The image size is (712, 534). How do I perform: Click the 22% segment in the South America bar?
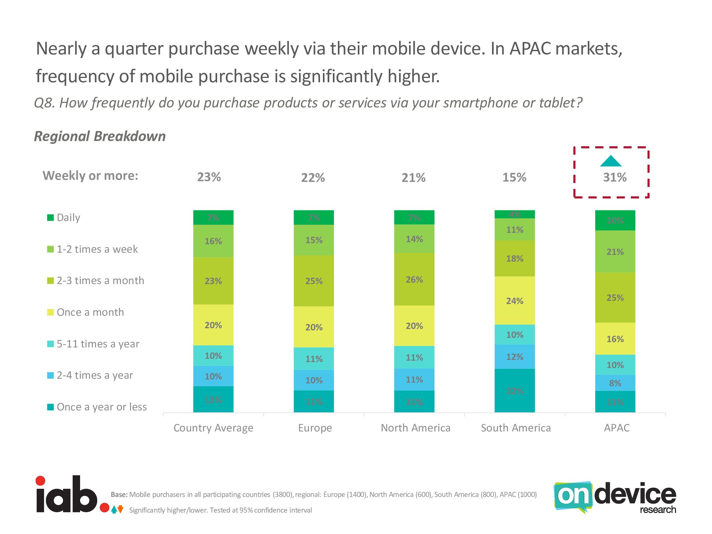514,391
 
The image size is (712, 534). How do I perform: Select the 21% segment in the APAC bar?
615,251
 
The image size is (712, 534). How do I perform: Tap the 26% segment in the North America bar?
414,279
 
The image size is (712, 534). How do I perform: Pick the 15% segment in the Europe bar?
314,240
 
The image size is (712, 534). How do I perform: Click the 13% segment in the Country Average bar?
213,399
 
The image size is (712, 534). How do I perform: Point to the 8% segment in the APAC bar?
615,383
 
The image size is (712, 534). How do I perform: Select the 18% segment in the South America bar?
514,258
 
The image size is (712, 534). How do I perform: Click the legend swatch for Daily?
51,218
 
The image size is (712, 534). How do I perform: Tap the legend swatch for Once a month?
51,312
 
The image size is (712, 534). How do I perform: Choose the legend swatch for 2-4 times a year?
51,375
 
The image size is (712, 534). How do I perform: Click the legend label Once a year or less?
101,407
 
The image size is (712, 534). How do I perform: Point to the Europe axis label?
315,428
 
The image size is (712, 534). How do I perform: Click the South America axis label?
515,428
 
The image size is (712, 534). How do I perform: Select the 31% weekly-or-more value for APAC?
614,177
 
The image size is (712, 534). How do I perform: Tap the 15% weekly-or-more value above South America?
514,177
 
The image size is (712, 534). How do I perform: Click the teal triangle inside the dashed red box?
611,162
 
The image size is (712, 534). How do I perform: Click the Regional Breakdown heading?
100,136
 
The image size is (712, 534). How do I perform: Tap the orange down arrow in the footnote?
121,509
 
